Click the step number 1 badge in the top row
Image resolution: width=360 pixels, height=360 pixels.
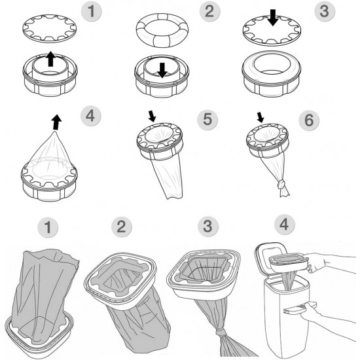click(x=92, y=11)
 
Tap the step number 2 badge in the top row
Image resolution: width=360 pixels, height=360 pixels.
click(x=209, y=11)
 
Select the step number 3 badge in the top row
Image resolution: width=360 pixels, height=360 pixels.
click(x=324, y=11)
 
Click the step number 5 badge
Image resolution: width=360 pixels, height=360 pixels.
click(x=207, y=119)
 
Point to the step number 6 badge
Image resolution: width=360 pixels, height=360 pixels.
click(x=309, y=120)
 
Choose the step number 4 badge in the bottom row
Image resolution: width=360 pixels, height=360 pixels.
click(x=284, y=225)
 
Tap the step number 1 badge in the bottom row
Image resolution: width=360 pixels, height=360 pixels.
click(x=48, y=227)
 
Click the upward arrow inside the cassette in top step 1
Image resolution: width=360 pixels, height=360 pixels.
click(x=50, y=59)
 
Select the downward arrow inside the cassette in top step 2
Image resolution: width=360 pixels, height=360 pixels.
click(x=162, y=70)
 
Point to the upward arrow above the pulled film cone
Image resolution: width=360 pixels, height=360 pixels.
click(x=56, y=122)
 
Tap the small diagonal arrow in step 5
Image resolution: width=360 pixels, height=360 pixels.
click(x=152, y=116)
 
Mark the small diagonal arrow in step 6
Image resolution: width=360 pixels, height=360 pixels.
click(x=260, y=117)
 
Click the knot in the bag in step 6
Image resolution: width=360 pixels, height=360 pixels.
click(x=281, y=184)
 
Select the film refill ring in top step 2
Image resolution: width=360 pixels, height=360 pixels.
click(x=162, y=30)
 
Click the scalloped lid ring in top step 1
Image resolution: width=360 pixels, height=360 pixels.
click(x=49, y=28)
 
